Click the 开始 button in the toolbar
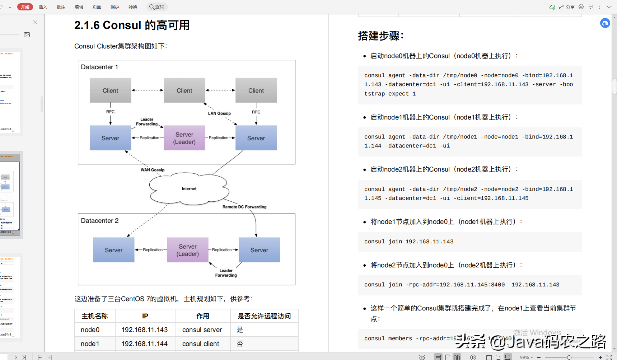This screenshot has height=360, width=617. pos(25,7)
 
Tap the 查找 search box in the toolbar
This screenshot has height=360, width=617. pos(157,7)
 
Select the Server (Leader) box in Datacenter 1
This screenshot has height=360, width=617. pos(184,138)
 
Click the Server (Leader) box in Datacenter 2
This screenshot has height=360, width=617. pos(187,250)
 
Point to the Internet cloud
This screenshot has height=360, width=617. pos(189,189)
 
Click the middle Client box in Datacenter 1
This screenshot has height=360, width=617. pos(184,90)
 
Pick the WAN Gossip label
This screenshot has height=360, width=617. pos(153,170)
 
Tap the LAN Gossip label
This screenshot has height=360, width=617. pos(219,113)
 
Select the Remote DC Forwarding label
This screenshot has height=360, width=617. pos(244,207)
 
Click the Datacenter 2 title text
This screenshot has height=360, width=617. pos(100,221)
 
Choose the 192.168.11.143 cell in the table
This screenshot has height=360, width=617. pos(145,330)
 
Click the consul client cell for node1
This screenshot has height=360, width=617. pos(201,344)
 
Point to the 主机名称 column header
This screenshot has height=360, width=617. pos(95,316)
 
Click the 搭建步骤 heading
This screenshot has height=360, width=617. pos(381,36)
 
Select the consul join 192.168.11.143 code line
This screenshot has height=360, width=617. pos(409,242)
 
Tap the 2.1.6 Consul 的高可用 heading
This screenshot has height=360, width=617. pos(132,25)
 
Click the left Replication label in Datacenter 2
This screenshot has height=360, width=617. pos(153,250)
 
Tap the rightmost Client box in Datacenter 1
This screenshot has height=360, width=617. pos(256,90)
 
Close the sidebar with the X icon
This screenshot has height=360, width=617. pos(35,22)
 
